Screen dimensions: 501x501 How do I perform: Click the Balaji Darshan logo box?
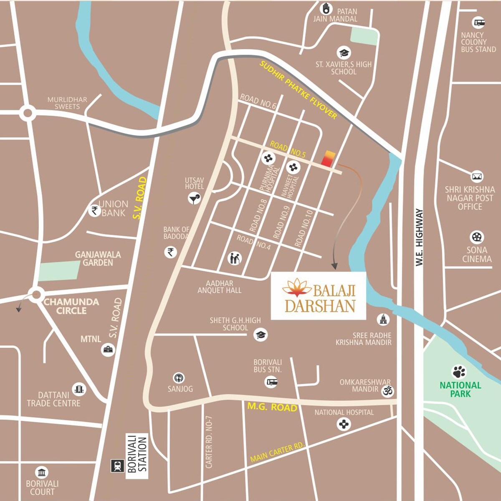319,296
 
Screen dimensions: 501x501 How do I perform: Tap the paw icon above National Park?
459,372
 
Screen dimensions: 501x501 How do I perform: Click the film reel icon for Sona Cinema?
476,237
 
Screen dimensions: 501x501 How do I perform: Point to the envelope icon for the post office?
477,176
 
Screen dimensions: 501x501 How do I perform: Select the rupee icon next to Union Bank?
95,210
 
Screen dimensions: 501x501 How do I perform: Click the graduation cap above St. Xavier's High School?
344,53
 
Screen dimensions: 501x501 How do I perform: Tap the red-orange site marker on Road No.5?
328,159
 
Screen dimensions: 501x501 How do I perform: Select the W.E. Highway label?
420,238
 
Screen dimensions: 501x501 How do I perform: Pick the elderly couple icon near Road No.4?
235,258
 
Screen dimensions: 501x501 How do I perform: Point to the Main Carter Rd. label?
277,452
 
